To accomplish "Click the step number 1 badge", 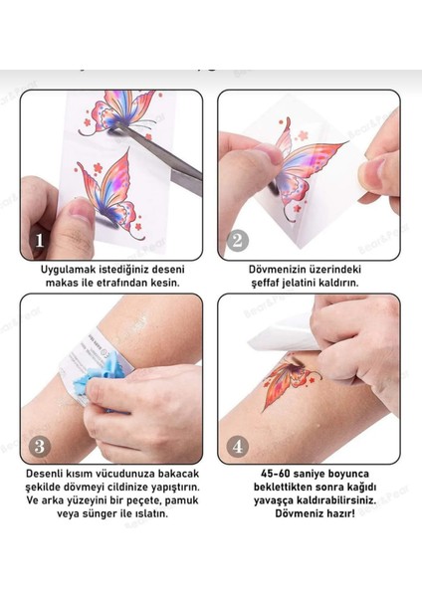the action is [x=40, y=241].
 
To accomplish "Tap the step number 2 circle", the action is [x=238, y=241].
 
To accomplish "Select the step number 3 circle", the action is [x=40, y=446].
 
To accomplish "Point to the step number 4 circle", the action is [x=238, y=446].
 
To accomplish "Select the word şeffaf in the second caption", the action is [x=265, y=284].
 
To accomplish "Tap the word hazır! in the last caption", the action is [x=340, y=513].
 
